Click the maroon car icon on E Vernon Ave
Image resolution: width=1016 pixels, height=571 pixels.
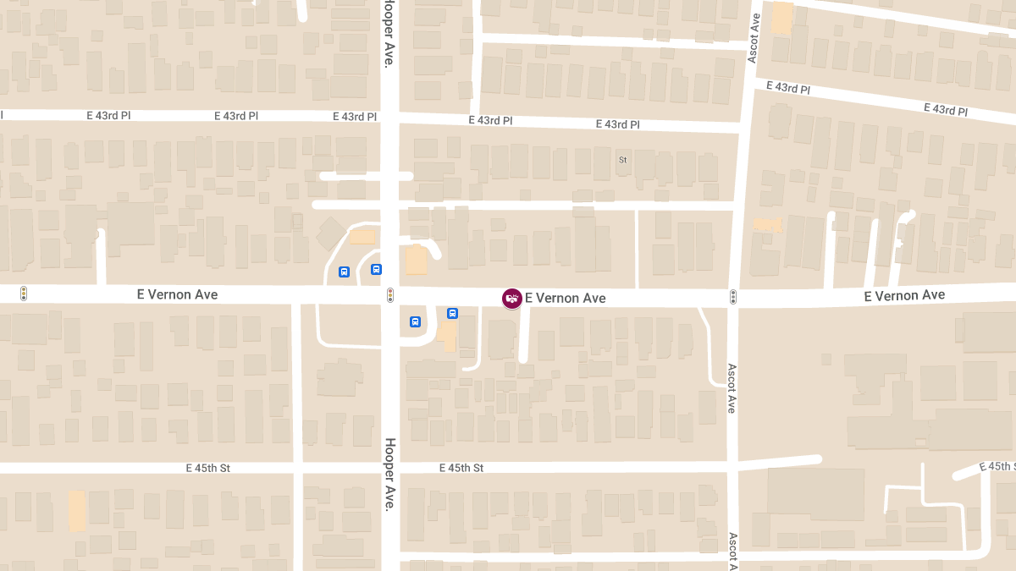coord(511,298)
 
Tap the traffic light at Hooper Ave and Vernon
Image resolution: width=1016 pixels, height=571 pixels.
coord(390,295)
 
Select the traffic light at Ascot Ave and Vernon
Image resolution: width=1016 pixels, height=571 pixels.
coord(733,297)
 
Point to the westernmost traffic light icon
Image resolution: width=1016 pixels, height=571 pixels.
coord(24,294)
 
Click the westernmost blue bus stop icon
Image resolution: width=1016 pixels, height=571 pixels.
coord(344,272)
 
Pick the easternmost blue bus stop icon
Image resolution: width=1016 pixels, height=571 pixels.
coord(452,313)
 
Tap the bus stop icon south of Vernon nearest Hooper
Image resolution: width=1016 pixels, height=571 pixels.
coord(415,321)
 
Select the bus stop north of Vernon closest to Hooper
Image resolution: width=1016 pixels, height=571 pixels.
coord(376,269)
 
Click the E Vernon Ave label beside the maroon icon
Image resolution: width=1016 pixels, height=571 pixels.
coord(565,298)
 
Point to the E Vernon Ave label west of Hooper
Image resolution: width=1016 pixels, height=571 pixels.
coord(177,294)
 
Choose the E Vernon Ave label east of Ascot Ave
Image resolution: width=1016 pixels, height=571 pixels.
coord(903,295)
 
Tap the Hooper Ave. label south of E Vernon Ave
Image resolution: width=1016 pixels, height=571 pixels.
coord(390,475)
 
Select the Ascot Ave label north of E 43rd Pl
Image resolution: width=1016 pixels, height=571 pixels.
coord(754,38)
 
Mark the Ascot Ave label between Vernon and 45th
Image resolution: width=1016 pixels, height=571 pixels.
coord(732,388)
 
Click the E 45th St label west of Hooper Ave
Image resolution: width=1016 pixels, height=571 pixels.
coord(208,468)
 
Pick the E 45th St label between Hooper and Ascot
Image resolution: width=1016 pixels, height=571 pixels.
coord(461,468)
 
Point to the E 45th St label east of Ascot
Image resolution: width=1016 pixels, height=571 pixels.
coord(997,467)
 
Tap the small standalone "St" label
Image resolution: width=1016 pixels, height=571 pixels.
coord(622,159)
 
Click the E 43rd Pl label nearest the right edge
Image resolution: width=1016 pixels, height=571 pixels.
coord(945,109)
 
